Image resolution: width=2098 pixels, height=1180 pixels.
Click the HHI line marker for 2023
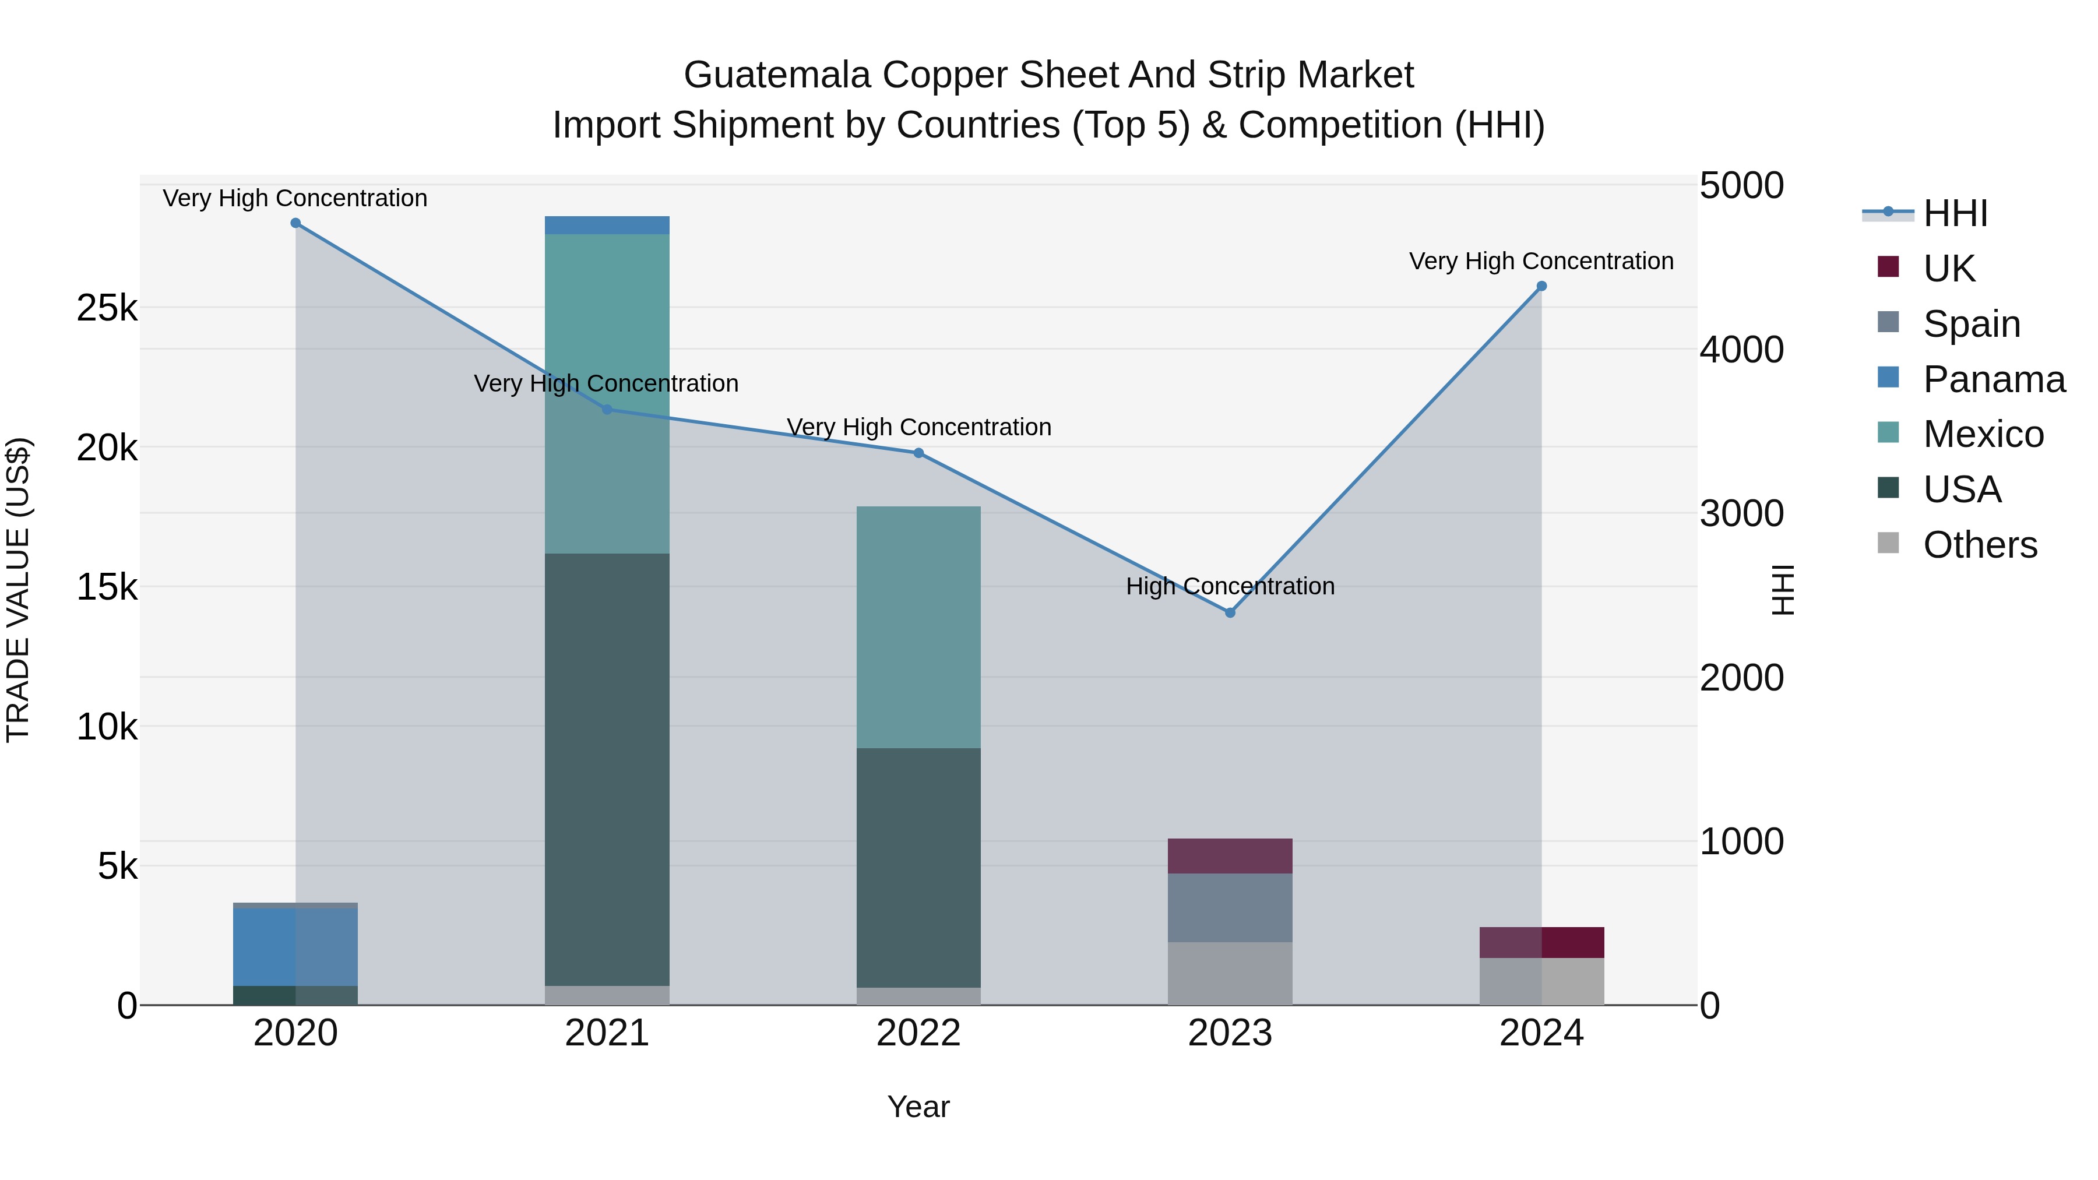1230,612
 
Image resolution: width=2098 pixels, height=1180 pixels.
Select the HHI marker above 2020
295,223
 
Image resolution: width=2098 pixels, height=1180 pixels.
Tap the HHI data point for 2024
1541,287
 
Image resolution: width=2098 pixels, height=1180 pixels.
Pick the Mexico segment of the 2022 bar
918,627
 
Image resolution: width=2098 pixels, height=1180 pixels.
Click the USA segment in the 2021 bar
607,770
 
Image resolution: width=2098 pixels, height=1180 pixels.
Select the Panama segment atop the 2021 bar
607,226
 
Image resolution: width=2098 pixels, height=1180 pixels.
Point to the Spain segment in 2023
1230,907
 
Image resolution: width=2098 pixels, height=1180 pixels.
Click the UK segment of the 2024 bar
1541,942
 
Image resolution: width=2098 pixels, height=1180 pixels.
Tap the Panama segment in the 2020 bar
295,946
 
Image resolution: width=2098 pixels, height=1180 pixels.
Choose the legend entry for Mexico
1983,434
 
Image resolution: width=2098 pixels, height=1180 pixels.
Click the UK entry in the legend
1948,268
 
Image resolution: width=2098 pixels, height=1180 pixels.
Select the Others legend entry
1979,545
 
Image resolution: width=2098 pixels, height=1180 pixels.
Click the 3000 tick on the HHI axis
1741,514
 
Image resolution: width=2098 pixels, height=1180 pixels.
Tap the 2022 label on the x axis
918,1033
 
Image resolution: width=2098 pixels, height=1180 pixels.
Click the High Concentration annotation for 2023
1230,586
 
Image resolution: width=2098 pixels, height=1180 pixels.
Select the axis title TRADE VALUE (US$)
18,590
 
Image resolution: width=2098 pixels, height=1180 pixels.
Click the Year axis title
918,1107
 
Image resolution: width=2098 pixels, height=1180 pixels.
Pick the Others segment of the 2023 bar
1230,973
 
